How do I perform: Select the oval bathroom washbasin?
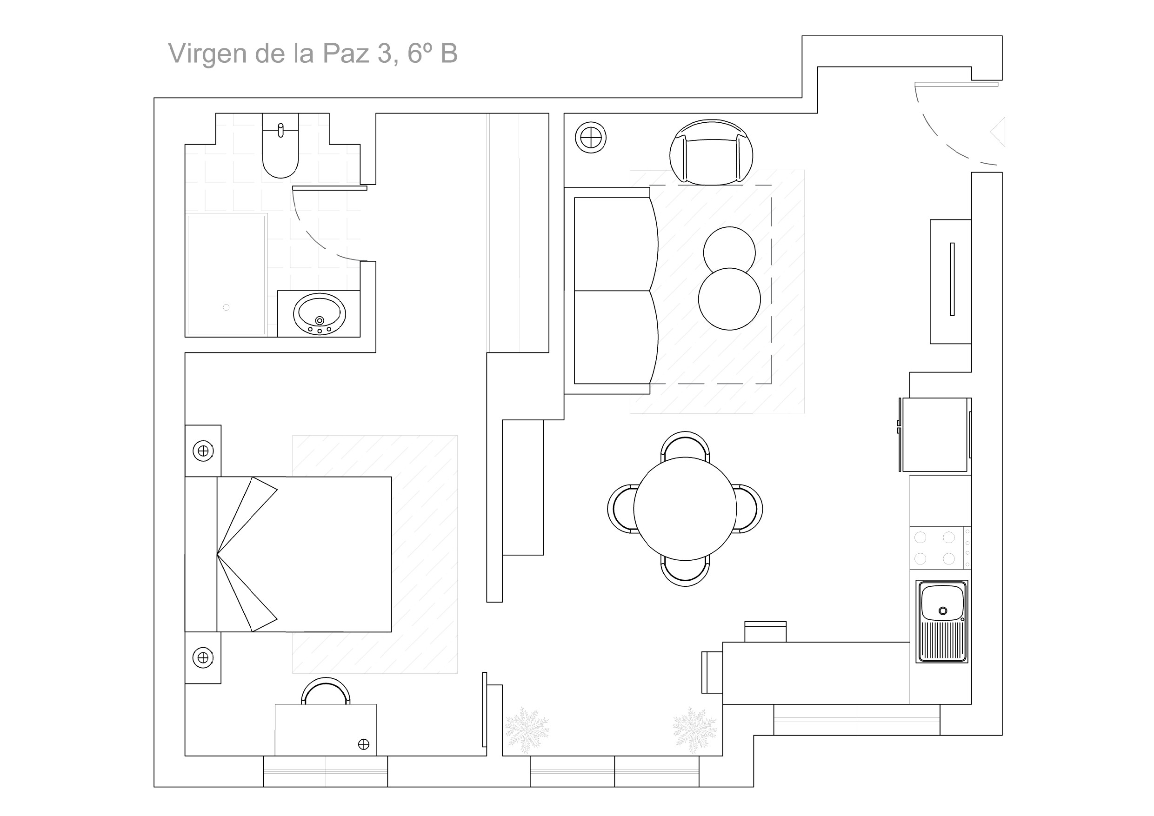320,313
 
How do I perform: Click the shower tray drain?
226,307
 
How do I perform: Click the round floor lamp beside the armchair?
591,137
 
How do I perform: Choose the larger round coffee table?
729,299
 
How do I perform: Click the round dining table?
685,509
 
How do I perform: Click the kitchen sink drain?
943,611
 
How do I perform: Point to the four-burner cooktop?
935,548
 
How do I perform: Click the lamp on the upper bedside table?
203,451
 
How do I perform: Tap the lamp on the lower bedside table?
203,658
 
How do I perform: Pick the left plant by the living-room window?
527,730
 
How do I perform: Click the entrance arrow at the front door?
998,132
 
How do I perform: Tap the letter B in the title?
449,54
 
